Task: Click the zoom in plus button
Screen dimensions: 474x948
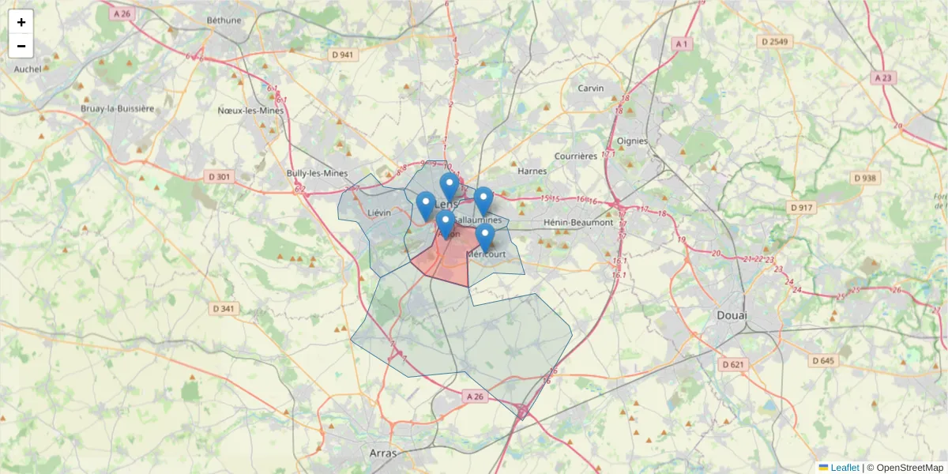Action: (x=21, y=22)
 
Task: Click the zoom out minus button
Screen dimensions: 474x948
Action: (x=21, y=46)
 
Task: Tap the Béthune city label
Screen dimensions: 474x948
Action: (x=224, y=20)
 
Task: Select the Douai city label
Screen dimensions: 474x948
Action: (x=732, y=315)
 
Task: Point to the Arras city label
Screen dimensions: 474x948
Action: (x=382, y=453)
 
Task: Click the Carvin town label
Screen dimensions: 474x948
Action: (x=590, y=88)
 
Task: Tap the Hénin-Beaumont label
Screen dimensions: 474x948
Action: (x=578, y=223)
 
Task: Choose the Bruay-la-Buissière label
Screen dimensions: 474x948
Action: (x=118, y=108)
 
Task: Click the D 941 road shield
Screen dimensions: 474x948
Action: (x=342, y=55)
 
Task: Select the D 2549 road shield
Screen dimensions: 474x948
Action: (x=774, y=40)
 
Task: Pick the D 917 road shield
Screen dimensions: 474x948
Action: (x=801, y=207)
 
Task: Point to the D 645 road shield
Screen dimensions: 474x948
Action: (x=822, y=360)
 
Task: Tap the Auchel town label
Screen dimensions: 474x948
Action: (x=28, y=69)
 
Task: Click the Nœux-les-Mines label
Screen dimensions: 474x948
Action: (x=250, y=111)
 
